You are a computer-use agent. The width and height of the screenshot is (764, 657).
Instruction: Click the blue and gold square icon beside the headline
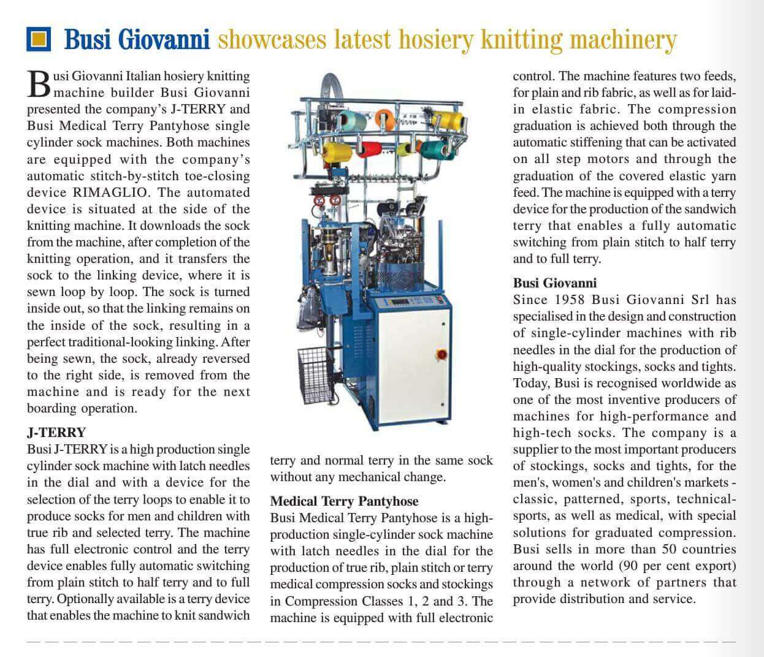point(39,39)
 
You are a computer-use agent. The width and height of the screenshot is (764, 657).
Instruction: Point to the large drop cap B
point(39,85)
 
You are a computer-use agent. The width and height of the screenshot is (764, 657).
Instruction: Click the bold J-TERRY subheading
point(56,432)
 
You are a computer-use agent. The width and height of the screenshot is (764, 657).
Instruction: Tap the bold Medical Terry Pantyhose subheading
point(344,501)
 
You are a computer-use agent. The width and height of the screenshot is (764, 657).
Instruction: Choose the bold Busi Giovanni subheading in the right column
point(554,283)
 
